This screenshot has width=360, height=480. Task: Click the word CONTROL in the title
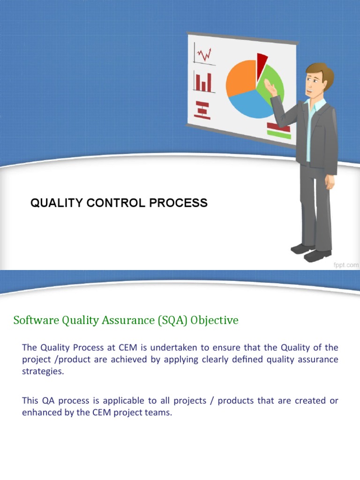pyautogui.click(x=116, y=203)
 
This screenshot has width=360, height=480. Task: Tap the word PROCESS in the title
pyautogui.click(x=178, y=203)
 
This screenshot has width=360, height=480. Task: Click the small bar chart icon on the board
pyautogui.click(x=203, y=82)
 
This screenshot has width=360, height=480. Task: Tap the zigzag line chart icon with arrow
pyautogui.click(x=204, y=54)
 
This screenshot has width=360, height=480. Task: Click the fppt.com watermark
pyautogui.click(x=346, y=265)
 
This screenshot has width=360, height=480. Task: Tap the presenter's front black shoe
pyautogui.click(x=317, y=255)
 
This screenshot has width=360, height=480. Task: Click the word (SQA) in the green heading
pyautogui.click(x=172, y=320)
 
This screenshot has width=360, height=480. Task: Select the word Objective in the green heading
pyautogui.click(x=214, y=320)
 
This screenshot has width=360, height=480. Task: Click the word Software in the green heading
pyautogui.click(x=36, y=320)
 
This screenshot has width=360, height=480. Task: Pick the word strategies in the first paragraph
pyautogui.click(x=43, y=371)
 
